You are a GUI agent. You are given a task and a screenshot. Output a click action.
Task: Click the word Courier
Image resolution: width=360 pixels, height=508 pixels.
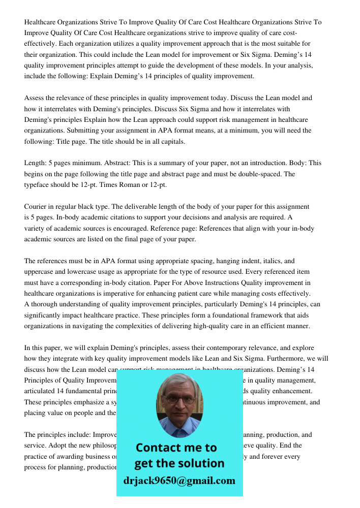point(36,207)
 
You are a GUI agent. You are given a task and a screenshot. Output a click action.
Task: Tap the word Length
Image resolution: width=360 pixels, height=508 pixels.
point(36,163)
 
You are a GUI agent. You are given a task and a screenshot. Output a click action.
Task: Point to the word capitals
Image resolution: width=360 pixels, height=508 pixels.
point(170,142)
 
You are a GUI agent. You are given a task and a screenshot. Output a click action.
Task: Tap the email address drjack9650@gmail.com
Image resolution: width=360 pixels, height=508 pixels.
point(179,481)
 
